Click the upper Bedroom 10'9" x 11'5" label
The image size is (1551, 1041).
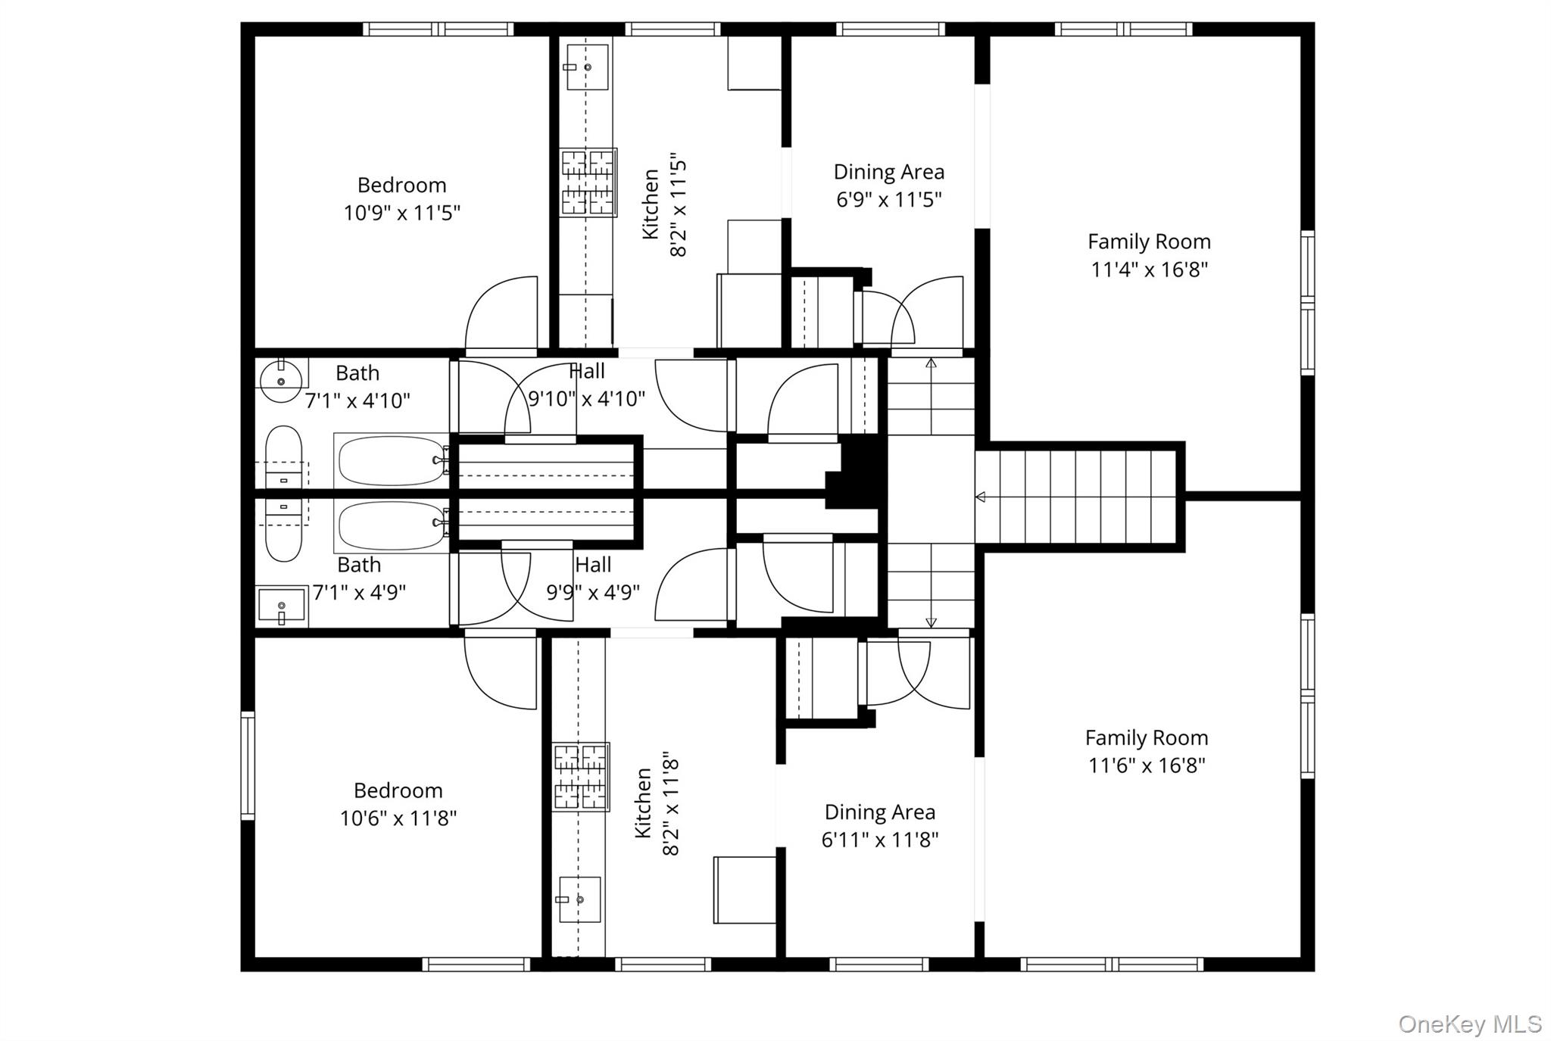pyautogui.click(x=401, y=199)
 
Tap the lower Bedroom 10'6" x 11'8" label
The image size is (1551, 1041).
pyautogui.click(x=398, y=804)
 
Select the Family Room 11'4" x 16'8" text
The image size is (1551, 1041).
pyautogui.click(x=1149, y=255)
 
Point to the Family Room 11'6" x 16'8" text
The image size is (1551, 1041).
pyautogui.click(x=1147, y=751)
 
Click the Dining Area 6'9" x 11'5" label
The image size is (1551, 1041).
pyautogui.click(x=888, y=185)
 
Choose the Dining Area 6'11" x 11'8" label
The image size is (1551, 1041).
pyautogui.click(x=879, y=825)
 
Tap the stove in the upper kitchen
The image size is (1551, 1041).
pyautogui.click(x=588, y=182)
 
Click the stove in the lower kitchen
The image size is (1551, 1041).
pyautogui.click(x=580, y=777)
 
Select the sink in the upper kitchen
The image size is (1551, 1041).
pyautogui.click(x=587, y=67)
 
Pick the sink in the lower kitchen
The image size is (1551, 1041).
pyautogui.click(x=579, y=899)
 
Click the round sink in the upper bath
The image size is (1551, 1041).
pyautogui.click(x=281, y=381)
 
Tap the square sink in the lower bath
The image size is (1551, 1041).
pyautogui.click(x=281, y=606)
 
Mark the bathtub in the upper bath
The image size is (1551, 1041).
pyautogui.click(x=391, y=460)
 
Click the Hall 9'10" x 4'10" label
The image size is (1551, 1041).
pyautogui.click(x=586, y=385)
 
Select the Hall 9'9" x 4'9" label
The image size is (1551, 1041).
pyautogui.click(x=593, y=578)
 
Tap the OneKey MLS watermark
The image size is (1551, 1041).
pyautogui.click(x=1469, y=1024)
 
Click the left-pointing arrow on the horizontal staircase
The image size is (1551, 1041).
pyautogui.click(x=980, y=497)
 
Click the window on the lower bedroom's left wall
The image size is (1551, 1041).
pyautogui.click(x=248, y=765)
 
